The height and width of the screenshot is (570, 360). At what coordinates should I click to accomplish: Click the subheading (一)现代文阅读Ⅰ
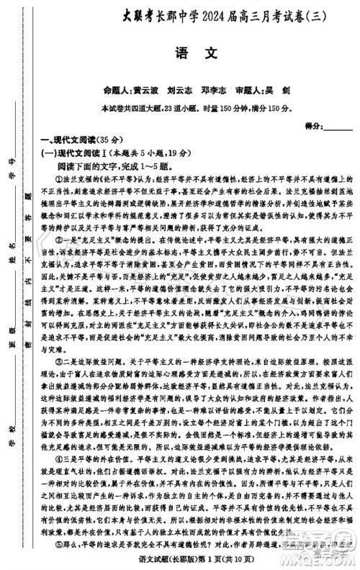(74, 153)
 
